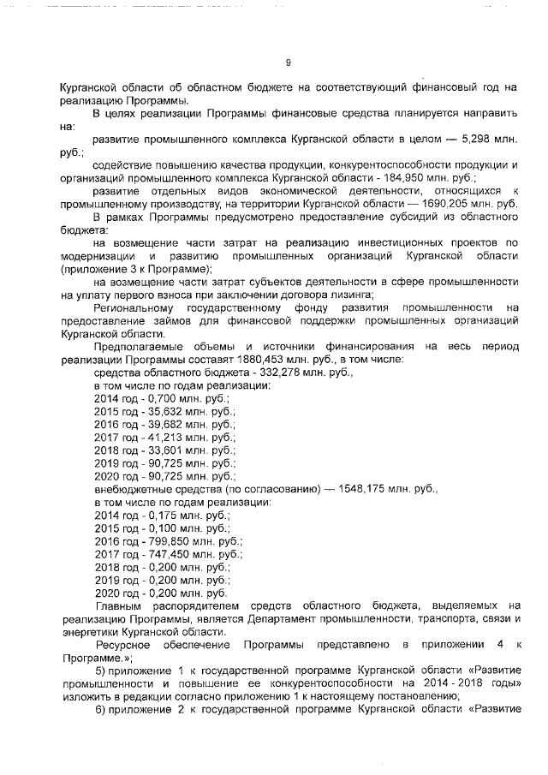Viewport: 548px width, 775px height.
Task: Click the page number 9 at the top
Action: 288,63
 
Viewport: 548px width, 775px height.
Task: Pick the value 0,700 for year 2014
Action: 164,399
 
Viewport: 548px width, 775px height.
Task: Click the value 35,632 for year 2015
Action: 167,412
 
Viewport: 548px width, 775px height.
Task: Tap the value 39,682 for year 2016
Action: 167,425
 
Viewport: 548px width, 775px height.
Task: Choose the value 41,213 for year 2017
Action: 167,438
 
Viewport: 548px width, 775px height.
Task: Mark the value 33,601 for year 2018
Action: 167,450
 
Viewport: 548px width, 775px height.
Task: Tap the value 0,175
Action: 164,516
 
